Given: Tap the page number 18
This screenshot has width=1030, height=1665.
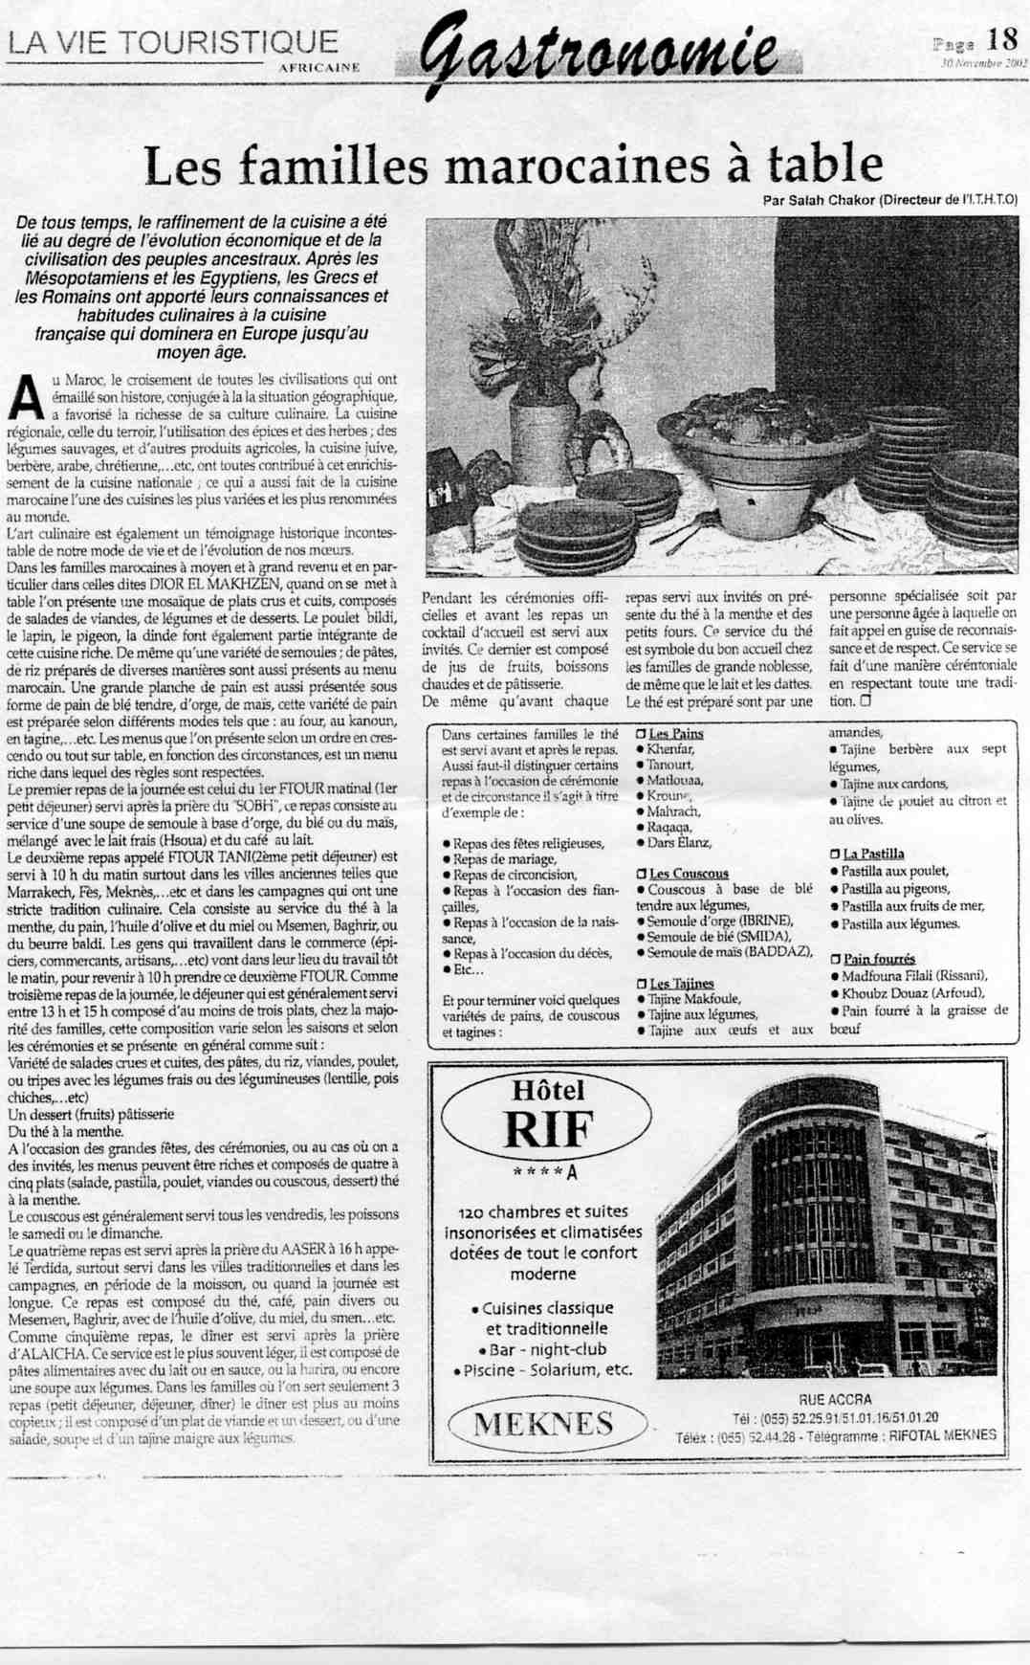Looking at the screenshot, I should (1002, 39).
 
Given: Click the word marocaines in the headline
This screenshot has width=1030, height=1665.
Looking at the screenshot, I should (578, 166).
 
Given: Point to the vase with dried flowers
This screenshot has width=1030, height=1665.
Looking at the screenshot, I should (542, 421).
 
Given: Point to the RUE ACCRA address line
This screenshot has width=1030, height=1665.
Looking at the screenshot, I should (835, 1400).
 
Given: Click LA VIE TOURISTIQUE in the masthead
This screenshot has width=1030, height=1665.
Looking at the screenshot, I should (173, 42).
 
